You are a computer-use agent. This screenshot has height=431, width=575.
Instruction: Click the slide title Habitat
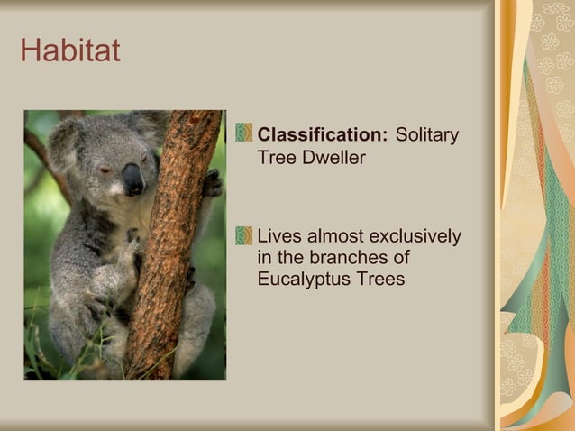(69, 50)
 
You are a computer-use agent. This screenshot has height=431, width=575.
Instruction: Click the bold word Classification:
(322, 135)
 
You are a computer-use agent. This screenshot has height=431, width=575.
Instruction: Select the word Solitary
(427, 135)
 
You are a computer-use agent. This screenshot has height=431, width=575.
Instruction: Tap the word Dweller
(334, 157)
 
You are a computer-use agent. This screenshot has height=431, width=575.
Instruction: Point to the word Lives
(279, 237)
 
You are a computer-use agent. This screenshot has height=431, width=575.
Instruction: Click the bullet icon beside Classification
(243, 133)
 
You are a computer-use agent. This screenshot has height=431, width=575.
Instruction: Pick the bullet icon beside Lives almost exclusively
(243, 236)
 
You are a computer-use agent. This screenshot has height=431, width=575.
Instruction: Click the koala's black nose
(133, 178)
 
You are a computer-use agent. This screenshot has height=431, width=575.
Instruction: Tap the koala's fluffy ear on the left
(66, 144)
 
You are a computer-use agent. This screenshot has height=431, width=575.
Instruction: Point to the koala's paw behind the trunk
(212, 183)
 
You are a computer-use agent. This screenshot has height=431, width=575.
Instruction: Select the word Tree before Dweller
(277, 157)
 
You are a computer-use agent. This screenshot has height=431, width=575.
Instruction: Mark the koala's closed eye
(105, 170)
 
